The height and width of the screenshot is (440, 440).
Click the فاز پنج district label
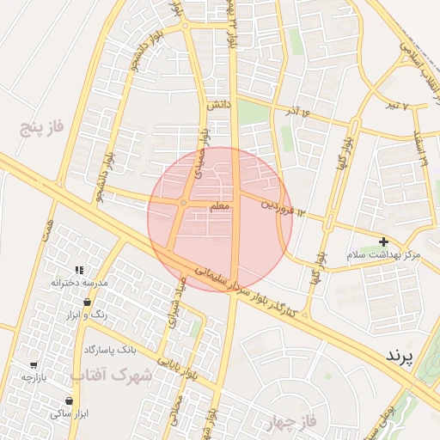pyautogui.click(x=43, y=129)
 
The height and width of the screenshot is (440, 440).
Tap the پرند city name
pyautogui.click(x=400, y=354)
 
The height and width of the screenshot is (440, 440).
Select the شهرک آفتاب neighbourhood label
pyautogui.click(x=111, y=375)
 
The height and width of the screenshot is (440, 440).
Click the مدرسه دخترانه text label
pyautogui.click(x=79, y=283)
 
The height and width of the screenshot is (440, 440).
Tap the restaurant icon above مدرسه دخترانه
pyautogui.click(x=79, y=270)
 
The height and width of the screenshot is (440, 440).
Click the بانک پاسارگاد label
pyautogui.click(x=111, y=350)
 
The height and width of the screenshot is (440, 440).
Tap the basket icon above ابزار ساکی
pyautogui.click(x=69, y=400)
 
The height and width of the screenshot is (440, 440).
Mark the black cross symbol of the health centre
pyautogui.click(x=383, y=242)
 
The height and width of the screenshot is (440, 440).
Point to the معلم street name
pyautogui.click(x=218, y=206)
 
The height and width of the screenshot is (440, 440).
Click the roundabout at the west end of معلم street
pyautogui.click(x=183, y=203)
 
